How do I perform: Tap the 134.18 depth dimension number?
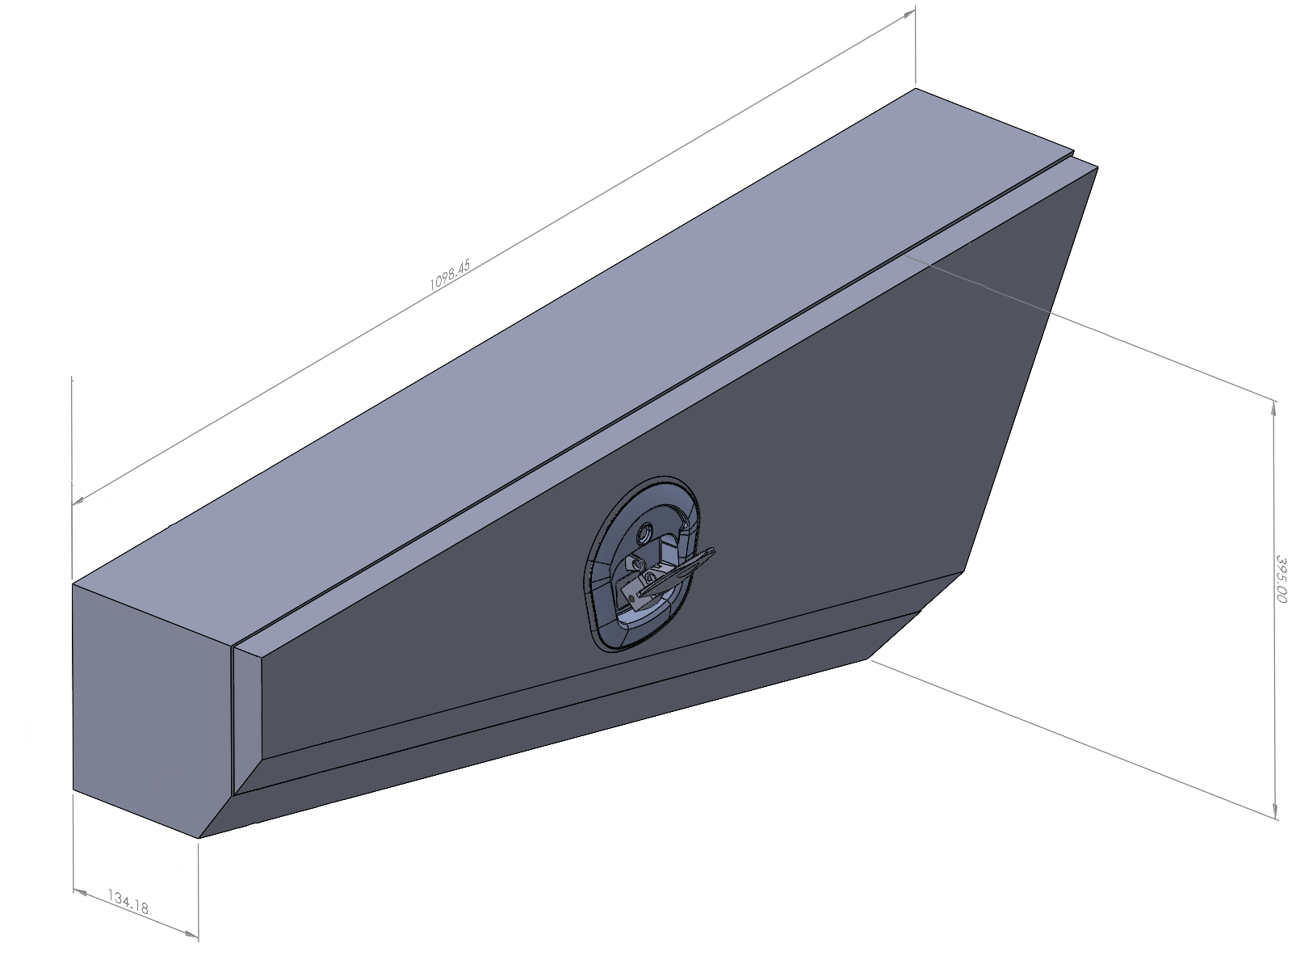click(x=128, y=902)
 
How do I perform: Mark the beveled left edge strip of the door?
click(x=247, y=711)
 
